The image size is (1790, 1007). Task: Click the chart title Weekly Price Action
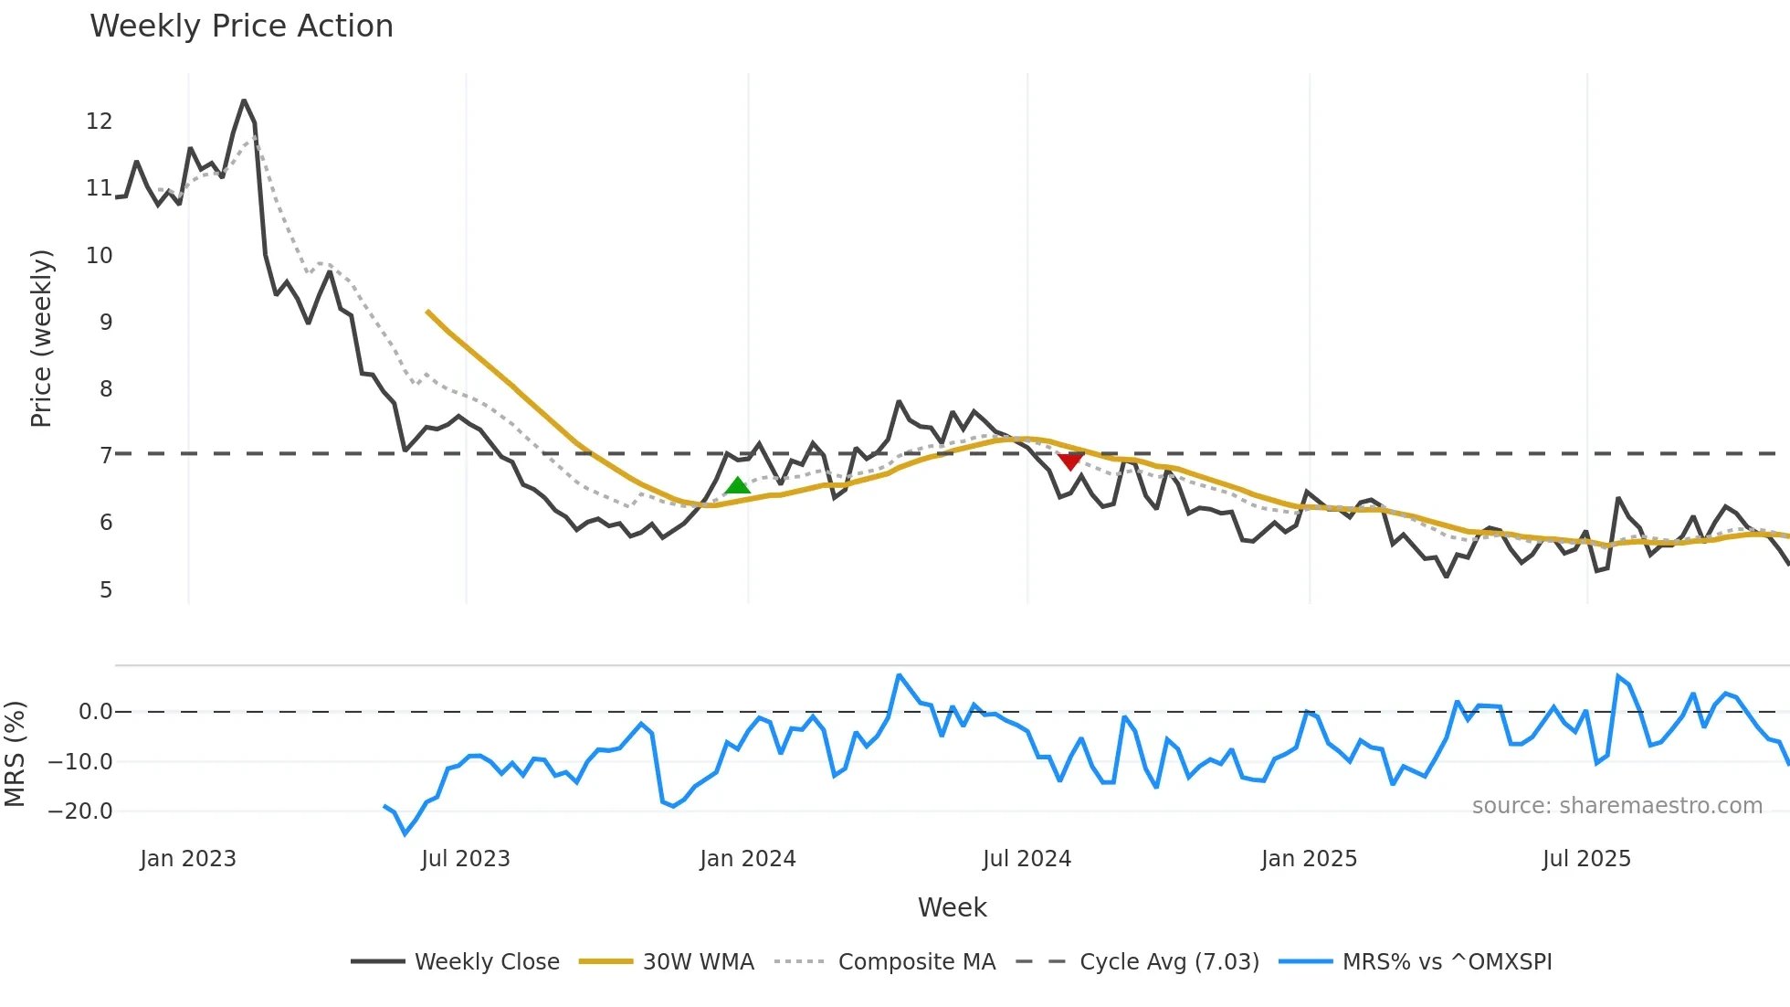[x=241, y=26]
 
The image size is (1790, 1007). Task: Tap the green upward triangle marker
[x=737, y=485]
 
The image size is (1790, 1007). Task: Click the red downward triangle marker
[x=1069, y=461]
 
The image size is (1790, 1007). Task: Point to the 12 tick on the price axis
[x=99, y=122]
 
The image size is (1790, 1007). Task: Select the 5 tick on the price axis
[x=106, y=590]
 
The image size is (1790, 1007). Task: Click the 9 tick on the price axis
[x=106, y=323]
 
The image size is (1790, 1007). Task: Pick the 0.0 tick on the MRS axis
[x=95, y=712]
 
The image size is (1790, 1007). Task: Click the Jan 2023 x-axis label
[x=188, y=859]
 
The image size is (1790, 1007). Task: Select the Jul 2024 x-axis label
[x=1027, y=859]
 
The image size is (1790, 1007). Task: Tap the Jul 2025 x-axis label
[x=1586, y=859]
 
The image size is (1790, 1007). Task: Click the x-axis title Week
[x=952, y=907]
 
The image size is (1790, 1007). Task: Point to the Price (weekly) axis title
[x=41, y=338]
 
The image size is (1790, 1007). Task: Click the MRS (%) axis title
[x=15, y=754]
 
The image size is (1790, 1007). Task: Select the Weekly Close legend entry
[x=486, y=962]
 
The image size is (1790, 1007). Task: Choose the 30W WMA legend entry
[x=698, y=962]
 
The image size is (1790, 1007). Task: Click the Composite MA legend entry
[x=916, y=962]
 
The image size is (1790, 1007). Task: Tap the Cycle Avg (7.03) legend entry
[x=1169, y=962]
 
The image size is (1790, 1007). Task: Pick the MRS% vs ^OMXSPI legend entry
[x=1447, y=962]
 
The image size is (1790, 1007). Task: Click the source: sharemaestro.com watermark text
[x=1616, y=806]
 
